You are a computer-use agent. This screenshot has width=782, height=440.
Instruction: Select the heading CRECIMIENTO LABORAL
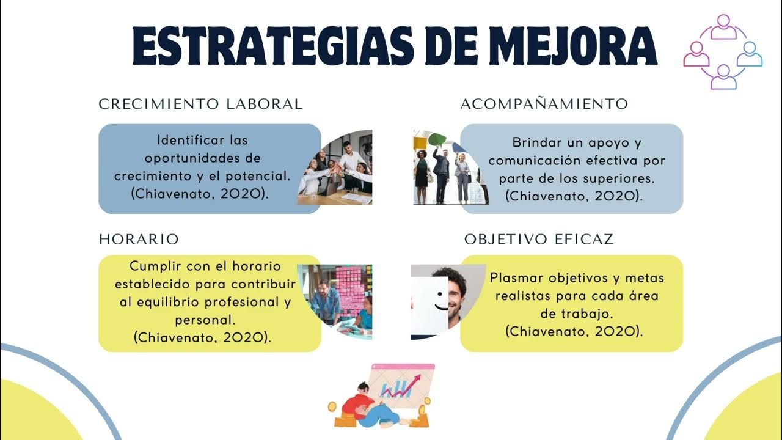pos(200,104)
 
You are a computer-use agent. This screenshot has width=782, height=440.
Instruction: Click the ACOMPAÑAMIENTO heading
pos(544,104)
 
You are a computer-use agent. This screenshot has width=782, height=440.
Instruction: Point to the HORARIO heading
pos(139,239)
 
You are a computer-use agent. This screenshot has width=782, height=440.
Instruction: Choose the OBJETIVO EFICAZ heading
pos(538,239)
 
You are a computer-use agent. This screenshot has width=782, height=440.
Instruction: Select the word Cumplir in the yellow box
pos(152,266)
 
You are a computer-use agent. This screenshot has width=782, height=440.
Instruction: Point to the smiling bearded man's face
pos(452,296)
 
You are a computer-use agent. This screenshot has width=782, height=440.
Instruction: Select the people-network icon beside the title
pos(723,51)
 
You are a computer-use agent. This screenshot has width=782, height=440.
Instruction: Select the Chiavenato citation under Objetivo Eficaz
pos(574,331)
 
